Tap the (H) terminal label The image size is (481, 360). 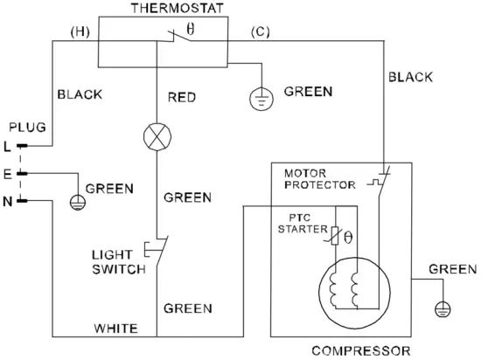click(80, 32)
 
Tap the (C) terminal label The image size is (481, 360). click(260, 32)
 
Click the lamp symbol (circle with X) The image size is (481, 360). click(157, 136)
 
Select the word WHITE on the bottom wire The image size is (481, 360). click(116, 329)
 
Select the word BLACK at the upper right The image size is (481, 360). click(409, 77)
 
